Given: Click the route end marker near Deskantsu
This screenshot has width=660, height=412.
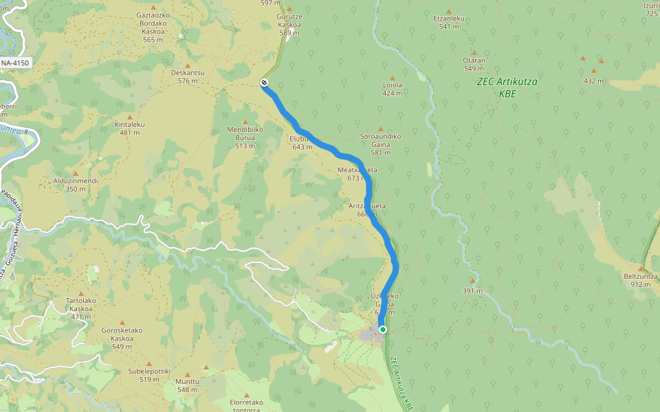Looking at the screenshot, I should tap(264, 83).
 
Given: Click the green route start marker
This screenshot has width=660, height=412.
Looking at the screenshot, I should tap(383, 330).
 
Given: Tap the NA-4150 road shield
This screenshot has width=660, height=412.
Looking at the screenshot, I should tap(16, 63).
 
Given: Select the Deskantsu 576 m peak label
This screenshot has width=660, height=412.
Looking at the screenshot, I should tap(188, 76).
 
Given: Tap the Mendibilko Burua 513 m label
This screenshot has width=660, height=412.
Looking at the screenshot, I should tap(245, 133).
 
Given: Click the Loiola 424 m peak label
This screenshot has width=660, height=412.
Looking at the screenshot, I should tap(392, 89).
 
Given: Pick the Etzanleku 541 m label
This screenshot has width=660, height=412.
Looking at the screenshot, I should tap(449, 23).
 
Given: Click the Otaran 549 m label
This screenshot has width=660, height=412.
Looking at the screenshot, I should tap(474, 64).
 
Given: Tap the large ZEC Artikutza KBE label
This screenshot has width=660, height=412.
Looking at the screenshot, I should tap(507, 87).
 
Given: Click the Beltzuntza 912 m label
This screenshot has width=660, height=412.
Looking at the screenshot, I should tap(640, 279).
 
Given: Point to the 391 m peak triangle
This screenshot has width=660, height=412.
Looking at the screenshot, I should tap(472, 281).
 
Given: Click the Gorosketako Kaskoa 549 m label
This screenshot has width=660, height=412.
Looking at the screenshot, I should tap(122, 338).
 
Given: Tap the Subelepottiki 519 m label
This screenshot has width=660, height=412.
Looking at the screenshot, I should tap(149, 375).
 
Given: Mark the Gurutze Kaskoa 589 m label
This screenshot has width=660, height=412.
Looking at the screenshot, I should tap(289, 25).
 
